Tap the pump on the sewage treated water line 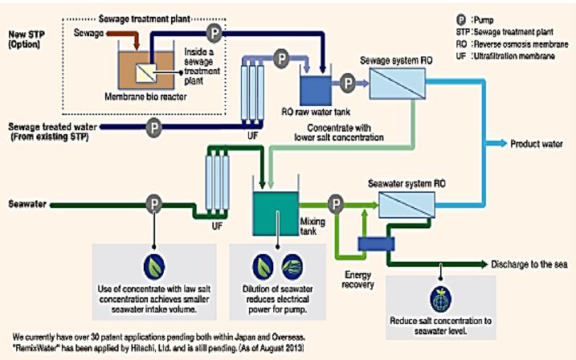[x=153, y=127]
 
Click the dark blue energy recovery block [x=371, y=243]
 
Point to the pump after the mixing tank [x=334, y=204]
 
